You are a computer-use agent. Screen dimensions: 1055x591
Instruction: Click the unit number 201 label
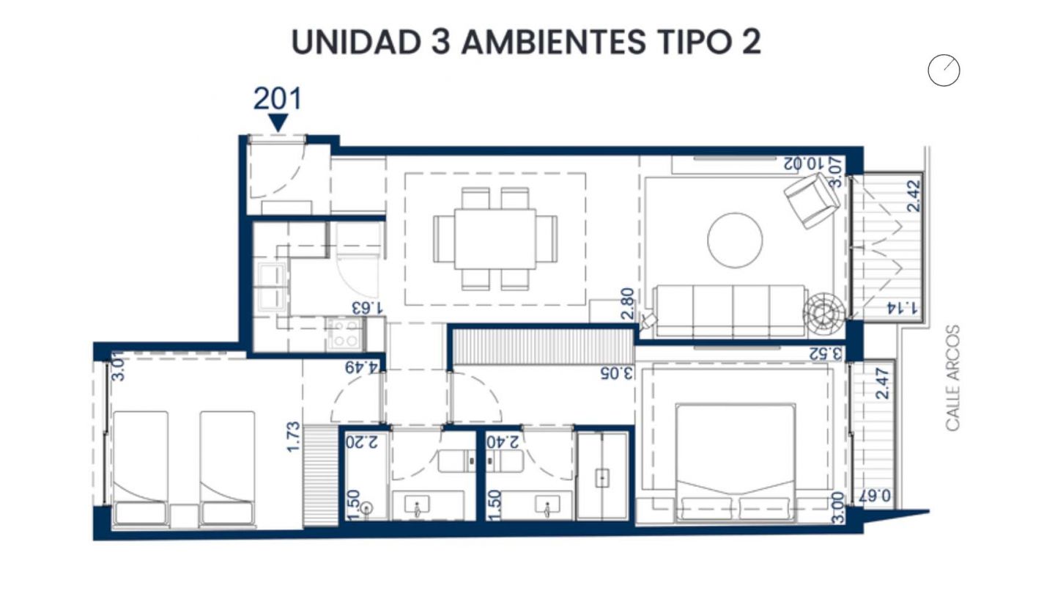point(278,98)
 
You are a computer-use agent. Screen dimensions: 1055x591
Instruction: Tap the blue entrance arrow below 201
point(278,122)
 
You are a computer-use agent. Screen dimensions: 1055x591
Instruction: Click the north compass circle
point(944,70)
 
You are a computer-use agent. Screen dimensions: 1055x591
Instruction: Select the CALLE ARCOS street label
point(952,378)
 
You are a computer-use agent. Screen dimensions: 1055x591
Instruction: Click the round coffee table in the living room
point(735,241)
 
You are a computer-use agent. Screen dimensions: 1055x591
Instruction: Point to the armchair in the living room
point(812,200)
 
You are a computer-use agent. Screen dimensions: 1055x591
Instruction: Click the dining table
point(495,239)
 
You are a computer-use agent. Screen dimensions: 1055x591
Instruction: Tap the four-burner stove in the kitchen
point(344,333)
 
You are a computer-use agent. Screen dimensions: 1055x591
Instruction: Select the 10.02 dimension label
point(804,164)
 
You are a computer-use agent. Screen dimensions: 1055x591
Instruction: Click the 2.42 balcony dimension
point(914,196)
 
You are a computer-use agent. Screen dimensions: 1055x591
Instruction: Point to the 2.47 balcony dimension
point(882,383)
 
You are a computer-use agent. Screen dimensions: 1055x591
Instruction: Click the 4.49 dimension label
point(361,367)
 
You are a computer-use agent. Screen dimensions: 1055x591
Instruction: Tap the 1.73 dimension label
point(293,437)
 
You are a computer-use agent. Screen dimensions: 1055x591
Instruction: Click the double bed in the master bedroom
point(736,463)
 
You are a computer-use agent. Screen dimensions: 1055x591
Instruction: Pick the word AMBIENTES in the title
point(553,42)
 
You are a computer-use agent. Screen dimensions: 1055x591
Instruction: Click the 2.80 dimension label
point(627,304)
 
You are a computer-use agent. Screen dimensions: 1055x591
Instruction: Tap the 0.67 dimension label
point(876,496)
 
